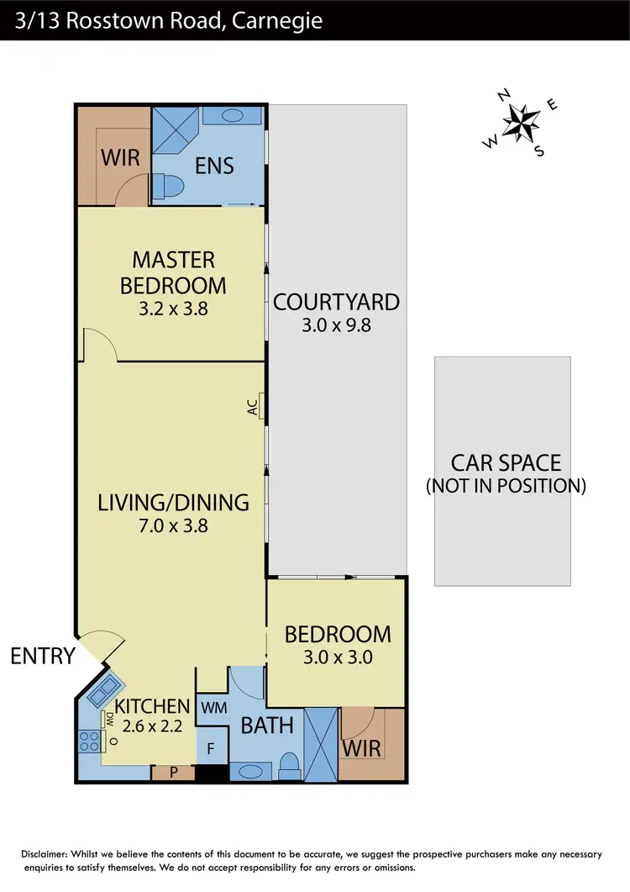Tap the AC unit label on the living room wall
point(252,408)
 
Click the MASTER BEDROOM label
point(173,272)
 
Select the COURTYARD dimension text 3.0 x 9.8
point(336,325)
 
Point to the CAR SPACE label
point(506,463)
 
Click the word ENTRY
point(43,656)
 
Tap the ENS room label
point(214,166)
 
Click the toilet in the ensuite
point(171,187)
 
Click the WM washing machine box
point(210,708)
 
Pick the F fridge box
point(210,746)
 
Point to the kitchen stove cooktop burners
point(89,742)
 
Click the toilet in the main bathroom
point(288,764)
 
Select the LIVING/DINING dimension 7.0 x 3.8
point(173,526)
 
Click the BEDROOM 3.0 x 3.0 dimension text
point(338,657)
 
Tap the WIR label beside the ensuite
point(120,157)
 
